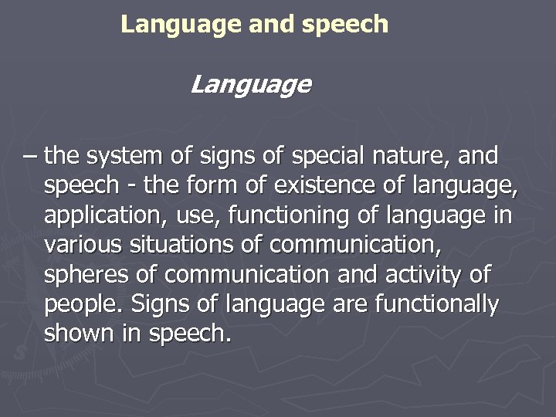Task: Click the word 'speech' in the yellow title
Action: [345, 25]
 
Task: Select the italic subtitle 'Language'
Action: [250, 84]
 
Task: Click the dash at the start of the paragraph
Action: [29, 158]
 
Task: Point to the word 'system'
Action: [124, 157]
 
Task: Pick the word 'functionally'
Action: [436, 305]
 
